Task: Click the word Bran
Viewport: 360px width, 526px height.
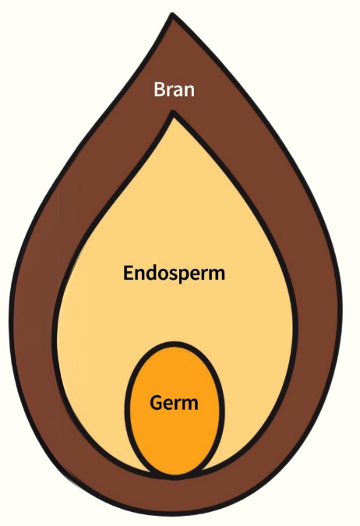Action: [174, 90]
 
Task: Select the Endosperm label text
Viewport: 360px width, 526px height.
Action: [174, 273]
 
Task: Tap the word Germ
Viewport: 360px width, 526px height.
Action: [174, 403]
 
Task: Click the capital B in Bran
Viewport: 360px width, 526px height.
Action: [160, 90]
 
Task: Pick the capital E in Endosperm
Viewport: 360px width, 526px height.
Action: [128, 273]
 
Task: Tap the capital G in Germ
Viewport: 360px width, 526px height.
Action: [156, 403]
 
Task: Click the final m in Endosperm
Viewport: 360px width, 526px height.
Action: [217, 274]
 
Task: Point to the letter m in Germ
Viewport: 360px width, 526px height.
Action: [189, 405]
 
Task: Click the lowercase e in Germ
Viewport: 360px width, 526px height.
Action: [169, 405]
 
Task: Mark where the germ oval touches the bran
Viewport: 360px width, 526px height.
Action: [174, 475]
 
